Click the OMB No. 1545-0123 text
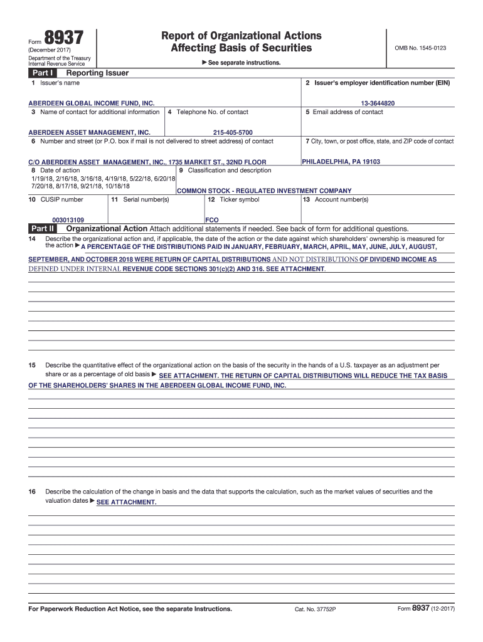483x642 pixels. point(420,48)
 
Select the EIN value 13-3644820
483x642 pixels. point(378,103)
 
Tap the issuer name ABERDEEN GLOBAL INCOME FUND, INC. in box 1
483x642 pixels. point(92,103)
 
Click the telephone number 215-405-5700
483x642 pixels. point(233,132)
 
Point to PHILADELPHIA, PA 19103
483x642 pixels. point(341,162)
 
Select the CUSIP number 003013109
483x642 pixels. point(68,220)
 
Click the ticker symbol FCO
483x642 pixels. point(212,220)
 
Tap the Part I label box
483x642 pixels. point(41,73)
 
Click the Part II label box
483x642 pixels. point(42,229)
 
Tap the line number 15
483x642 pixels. point(32,365)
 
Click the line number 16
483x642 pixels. point(32,492)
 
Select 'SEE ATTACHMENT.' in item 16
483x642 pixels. point(126,503)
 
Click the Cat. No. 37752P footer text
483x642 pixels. point(315,609)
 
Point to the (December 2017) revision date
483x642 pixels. point(50,50)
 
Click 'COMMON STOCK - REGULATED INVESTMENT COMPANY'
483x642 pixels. point(264,191)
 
